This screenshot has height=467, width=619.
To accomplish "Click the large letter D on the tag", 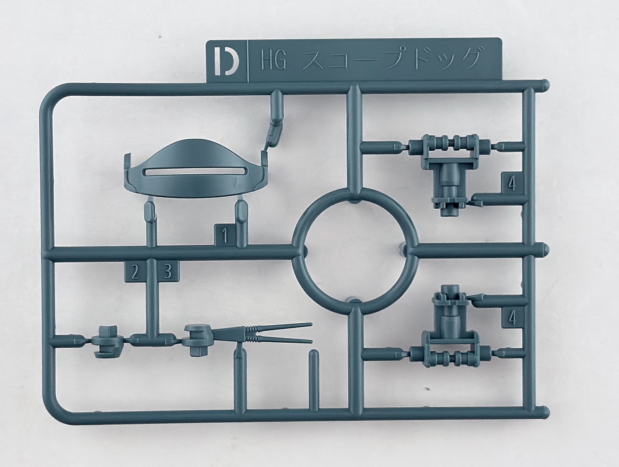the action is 226,61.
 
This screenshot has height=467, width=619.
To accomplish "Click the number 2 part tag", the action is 135,271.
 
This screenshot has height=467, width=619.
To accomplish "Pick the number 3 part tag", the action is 168,271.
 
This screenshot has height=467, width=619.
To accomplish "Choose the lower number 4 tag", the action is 513,318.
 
